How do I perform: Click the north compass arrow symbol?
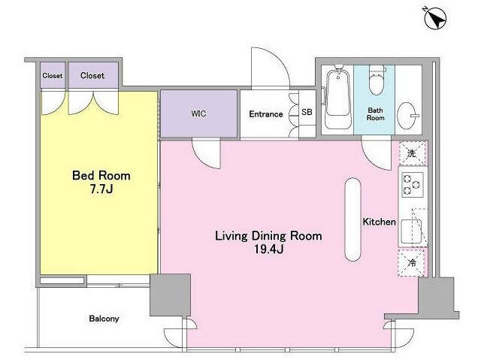(435, 18)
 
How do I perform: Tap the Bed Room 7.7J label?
(101, 182)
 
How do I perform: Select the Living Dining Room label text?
(268, 236)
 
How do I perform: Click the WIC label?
(198, 113)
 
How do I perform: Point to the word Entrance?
(265, 114)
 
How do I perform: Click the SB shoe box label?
(307, 112)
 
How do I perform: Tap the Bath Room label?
(376, 113)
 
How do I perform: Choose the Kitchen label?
(379, 222)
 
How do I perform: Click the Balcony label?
(104, 319)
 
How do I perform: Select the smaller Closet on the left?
(53, 75)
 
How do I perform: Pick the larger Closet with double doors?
(93, 75)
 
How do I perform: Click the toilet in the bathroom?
(377, 80)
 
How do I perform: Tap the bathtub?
(338, 98)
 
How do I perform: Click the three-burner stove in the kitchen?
(413, 185)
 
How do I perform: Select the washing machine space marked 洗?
(413, 153)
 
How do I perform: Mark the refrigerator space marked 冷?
(412, 263)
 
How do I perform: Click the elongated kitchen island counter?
(352, 219)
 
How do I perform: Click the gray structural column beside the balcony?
(171, 295)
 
